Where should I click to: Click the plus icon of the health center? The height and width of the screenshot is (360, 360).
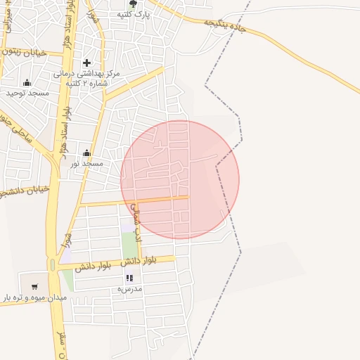coord(86,63)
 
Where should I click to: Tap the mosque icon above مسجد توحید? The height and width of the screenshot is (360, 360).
coord(27,82)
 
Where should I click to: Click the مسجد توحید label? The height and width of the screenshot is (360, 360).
coord(27,93)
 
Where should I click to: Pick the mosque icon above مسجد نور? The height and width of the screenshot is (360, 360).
coord(86,153)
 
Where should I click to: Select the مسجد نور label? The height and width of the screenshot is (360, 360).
coord(86,163)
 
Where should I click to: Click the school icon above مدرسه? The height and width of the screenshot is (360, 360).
coord(129,278)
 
